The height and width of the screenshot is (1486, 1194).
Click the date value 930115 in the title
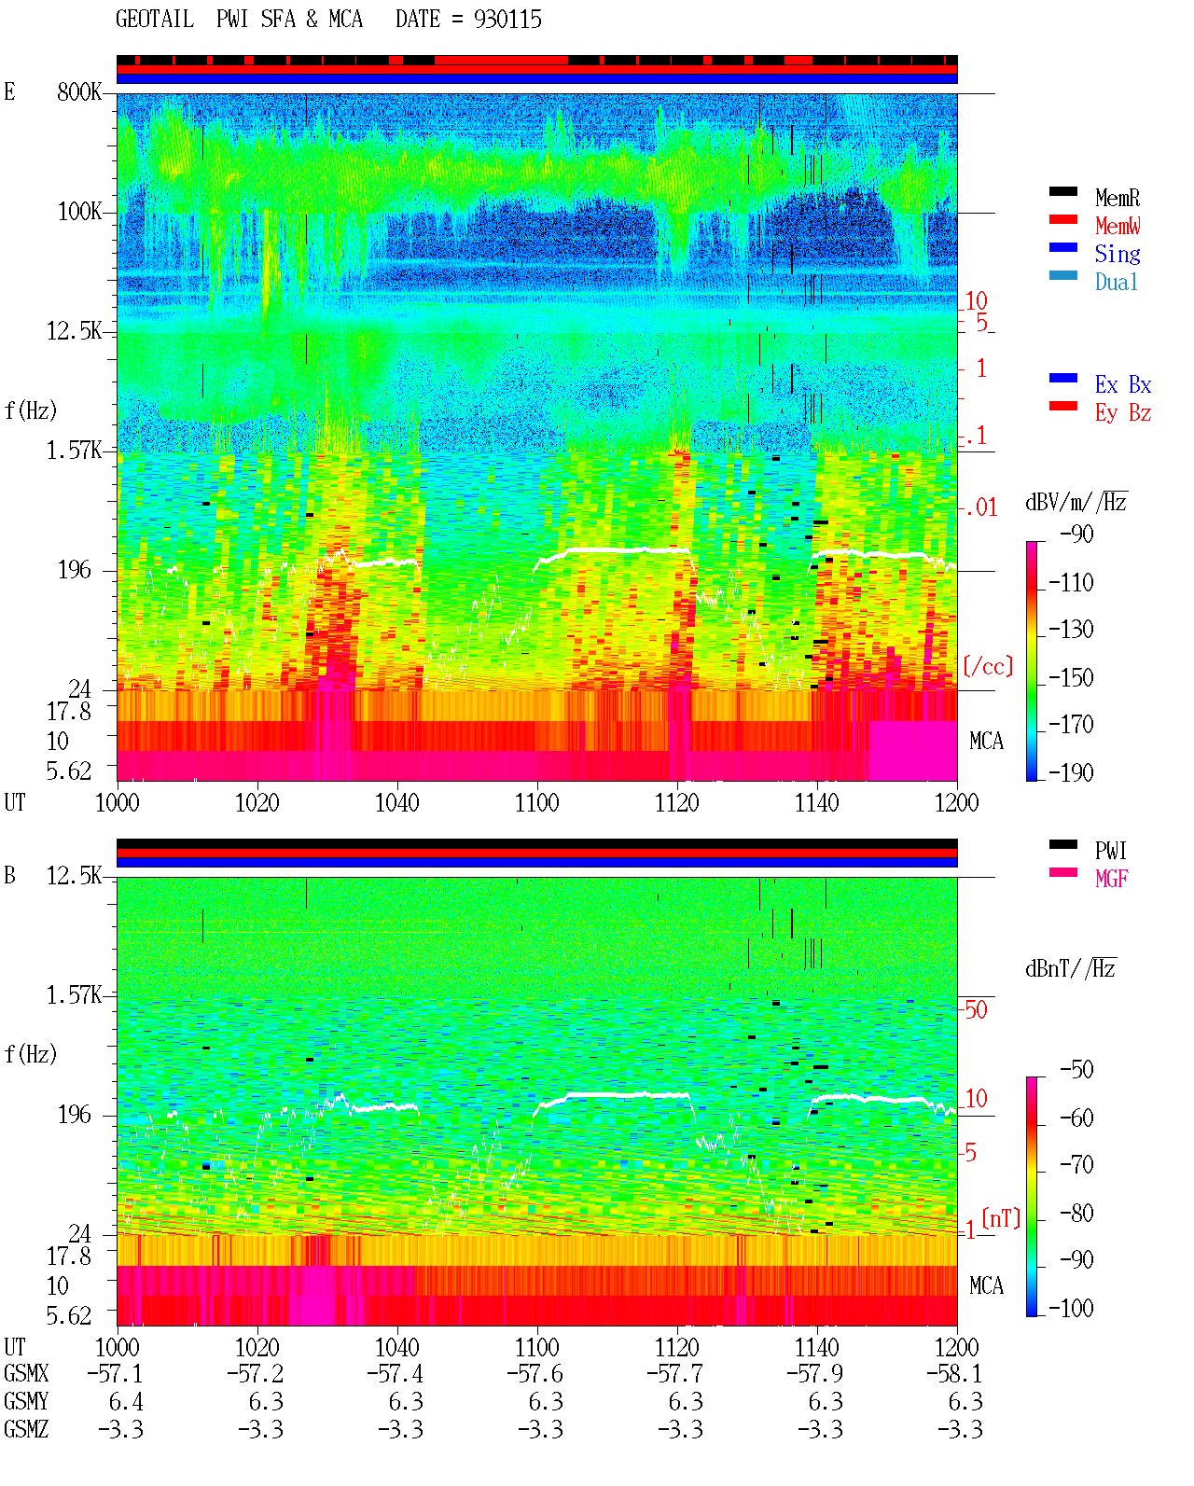click(507, 20)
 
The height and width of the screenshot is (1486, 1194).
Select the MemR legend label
click(1118, 198)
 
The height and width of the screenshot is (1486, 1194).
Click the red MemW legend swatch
click(1062, 219)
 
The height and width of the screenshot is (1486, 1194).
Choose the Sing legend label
click(1118, 254)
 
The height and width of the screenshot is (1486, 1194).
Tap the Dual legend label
click(1117, 282)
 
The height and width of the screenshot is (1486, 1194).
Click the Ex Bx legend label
click(1123, 384)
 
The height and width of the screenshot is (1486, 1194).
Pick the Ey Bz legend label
click(1123, 413)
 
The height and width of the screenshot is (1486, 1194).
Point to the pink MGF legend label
click(1111, 879)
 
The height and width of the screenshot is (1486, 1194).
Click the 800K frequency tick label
click(79, 91)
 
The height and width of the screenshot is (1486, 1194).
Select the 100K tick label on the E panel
click(79, 212)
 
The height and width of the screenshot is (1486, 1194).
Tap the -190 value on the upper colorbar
click(1071, 772)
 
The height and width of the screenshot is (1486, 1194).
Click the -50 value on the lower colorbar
click(1076, 1070)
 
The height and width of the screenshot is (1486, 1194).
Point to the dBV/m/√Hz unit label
click(1076, 501)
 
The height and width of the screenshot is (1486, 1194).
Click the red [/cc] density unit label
click(988, 666)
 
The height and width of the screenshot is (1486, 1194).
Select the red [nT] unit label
click(1001, 1218)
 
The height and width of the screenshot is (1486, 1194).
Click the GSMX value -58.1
click(954, 1374)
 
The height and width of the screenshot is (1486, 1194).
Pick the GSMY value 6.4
click(126, 1402)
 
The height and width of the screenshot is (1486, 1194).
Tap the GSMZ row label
click(26, 1429)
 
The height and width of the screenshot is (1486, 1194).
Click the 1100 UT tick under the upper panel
click(536, 803)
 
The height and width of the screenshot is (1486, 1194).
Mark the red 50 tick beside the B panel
click(976, 1010)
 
